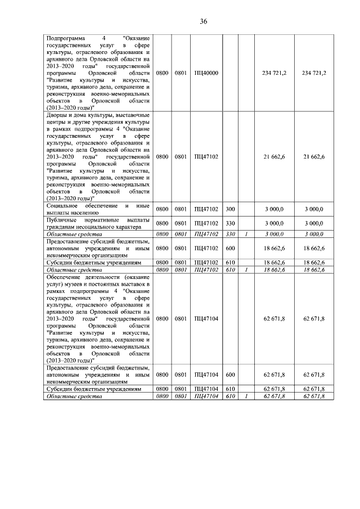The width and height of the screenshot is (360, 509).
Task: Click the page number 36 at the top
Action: [204, 21]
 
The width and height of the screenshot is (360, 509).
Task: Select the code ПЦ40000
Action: [206, 73]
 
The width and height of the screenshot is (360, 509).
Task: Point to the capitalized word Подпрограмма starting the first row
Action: [65, 37]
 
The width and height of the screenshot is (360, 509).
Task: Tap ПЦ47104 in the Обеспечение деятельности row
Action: [206, 319]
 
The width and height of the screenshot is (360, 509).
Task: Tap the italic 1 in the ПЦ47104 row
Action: [246, 397]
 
